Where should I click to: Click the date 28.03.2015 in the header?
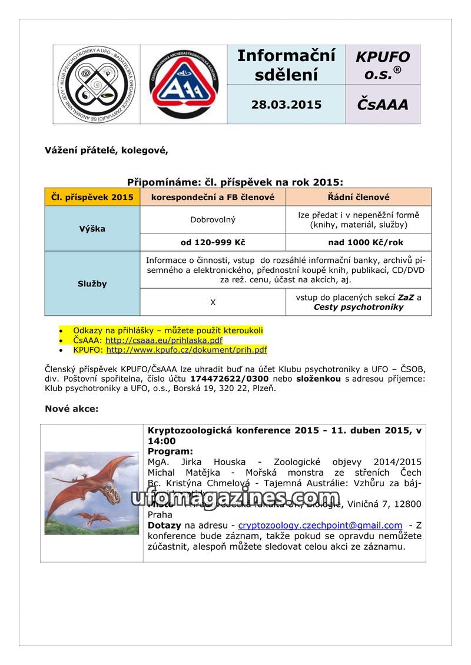tap(286, 105)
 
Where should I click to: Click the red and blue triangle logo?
tap(184, 84)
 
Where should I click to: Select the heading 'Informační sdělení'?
tap(286, 65)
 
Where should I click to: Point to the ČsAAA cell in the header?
tap(382, 105)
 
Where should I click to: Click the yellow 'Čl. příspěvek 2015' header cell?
tap(92, 197)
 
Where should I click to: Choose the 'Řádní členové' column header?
tap(359, 197)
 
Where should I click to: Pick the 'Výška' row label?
tap(92, 229)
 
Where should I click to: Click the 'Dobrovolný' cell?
tap(213, 220)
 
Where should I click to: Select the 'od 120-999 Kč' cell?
tap(213, 242)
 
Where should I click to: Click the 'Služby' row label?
tap(92, 283)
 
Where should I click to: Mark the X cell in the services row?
tap(213, 302)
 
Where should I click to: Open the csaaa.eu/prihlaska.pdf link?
tap(164, 340)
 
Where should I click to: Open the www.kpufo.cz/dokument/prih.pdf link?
tap(186, 350)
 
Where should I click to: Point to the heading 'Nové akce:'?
tap(72, 409)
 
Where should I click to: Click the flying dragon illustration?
tap(91, 493)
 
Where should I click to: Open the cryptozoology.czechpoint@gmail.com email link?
tap(320, 525)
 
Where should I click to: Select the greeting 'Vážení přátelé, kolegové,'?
tap(107, 150)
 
